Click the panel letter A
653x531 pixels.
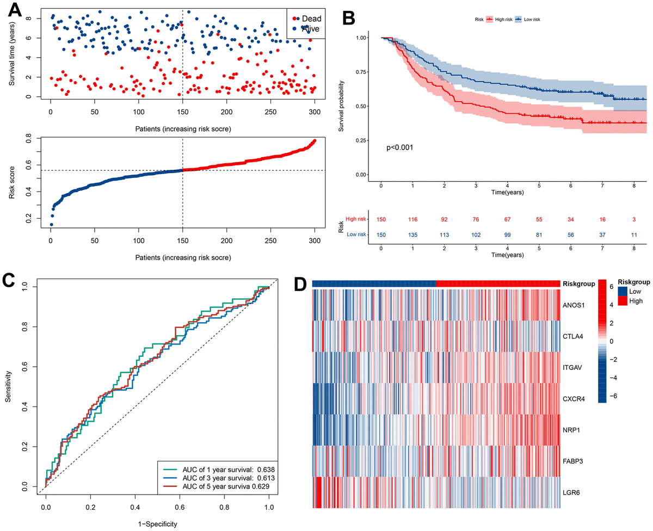15,11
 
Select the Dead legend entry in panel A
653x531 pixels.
307,18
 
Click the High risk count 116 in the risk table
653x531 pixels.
412,218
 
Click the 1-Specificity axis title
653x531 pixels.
158,524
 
